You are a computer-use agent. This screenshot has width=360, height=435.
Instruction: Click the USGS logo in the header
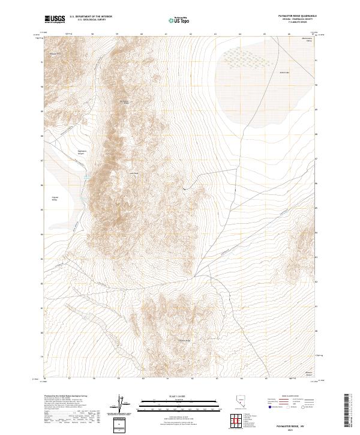click(x=55, y=20)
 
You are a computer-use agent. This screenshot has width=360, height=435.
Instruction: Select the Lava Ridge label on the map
click(x=134, y=174)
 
